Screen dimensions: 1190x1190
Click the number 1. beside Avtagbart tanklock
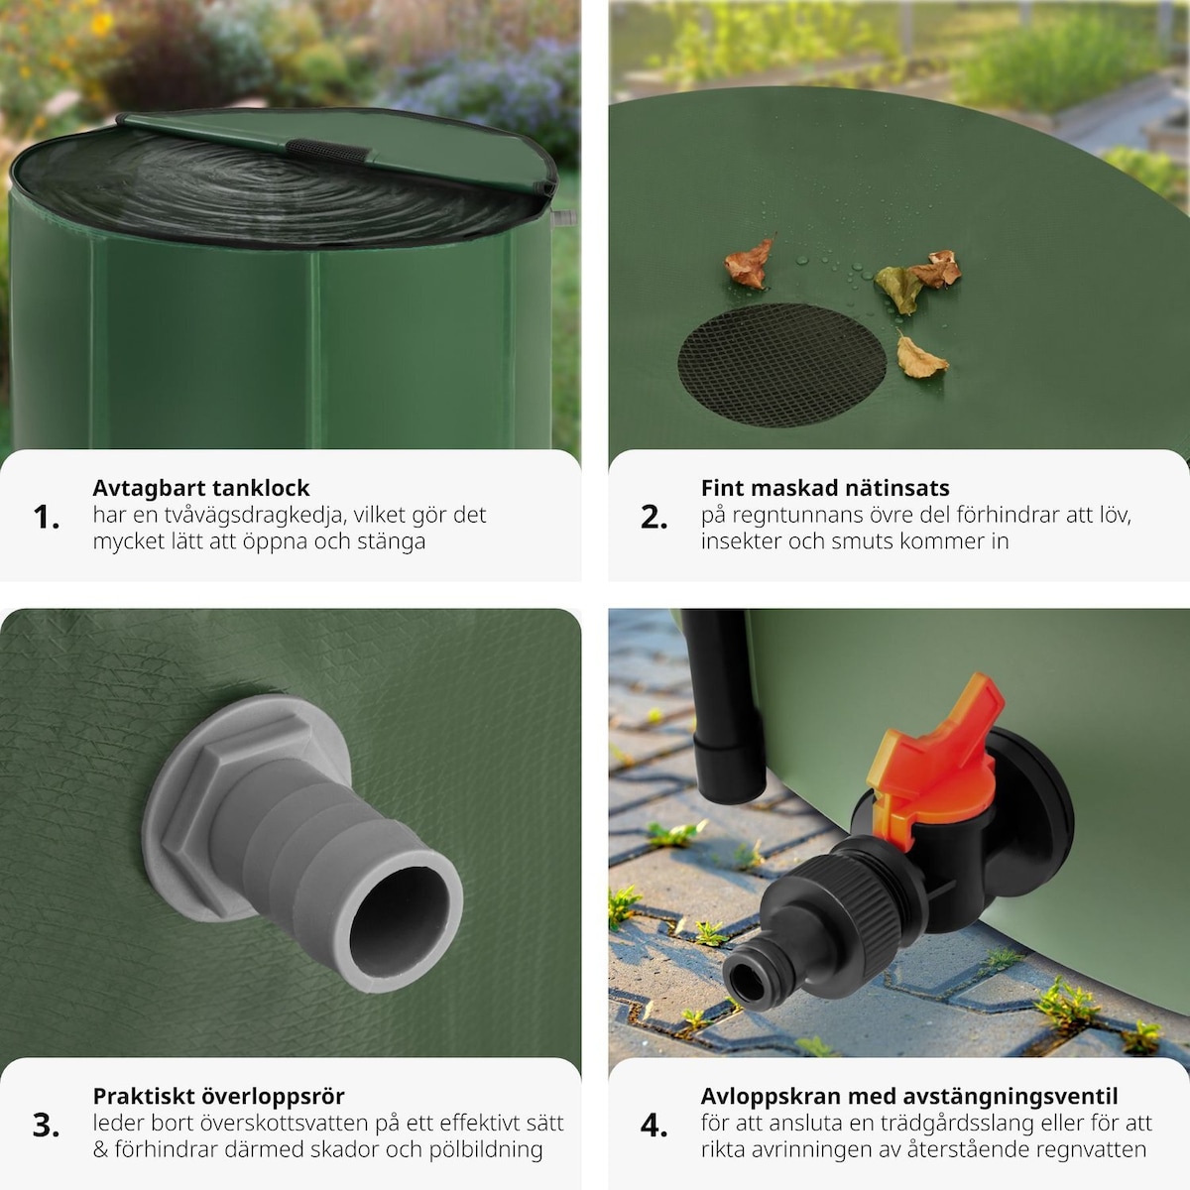click(47, 517)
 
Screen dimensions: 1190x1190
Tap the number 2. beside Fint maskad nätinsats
click(654, 517)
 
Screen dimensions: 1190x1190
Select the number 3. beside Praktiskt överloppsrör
click(47, 1126)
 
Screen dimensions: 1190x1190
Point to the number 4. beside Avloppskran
click(654, 1126)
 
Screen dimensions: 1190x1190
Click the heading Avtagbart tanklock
click(200, 488)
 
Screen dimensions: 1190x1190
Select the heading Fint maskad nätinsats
click(825, 488)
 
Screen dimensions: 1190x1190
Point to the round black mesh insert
click(781, 364)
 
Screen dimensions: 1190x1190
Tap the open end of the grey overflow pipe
click(400, 921)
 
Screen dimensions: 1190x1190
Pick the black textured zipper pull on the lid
click(328, 152)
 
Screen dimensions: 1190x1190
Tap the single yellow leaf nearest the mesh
click(920, 358)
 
